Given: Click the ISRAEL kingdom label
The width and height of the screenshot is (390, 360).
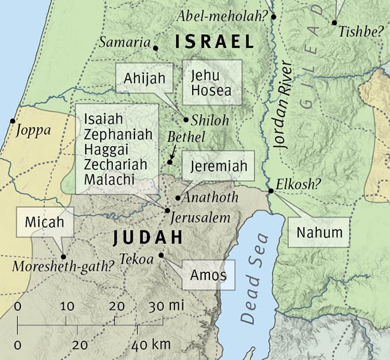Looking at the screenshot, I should [x=215, y=42].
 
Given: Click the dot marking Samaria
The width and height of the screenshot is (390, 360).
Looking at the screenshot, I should [x=155, y=47].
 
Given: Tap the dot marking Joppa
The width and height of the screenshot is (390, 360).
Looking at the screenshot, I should [x=12, y=121].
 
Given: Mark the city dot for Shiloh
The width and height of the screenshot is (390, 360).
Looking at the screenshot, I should [x=186, y=119].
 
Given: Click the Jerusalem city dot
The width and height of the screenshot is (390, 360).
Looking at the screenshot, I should [x=167, y=209].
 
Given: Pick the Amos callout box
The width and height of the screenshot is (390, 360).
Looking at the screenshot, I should [x=208, y=275].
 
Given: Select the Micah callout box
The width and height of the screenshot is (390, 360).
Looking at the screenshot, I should [x=44, y=223].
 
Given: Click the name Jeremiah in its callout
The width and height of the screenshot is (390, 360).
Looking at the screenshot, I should [x=218, y=167].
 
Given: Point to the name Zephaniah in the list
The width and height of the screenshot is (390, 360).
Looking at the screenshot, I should [x=119, y=134].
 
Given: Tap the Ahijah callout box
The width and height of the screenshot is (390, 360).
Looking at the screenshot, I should [x=145, y=78].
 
